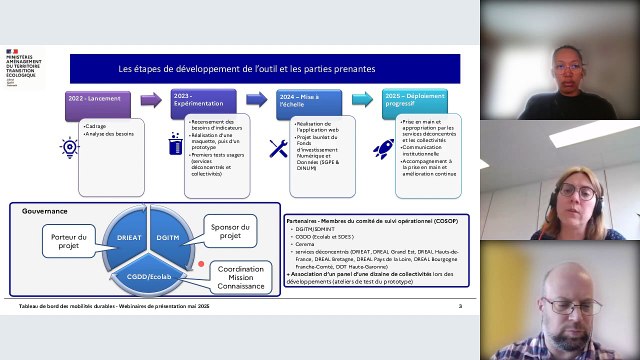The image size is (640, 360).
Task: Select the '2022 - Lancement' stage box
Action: point(98,104)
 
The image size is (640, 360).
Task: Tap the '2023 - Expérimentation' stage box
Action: point(203,104)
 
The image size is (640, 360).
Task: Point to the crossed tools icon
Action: point(278,148)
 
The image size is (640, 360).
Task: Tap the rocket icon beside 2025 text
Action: point(383,149)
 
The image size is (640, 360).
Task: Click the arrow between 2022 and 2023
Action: point(150,101)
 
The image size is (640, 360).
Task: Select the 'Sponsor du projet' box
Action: point(230,231)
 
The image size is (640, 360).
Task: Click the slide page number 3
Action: point(460,306)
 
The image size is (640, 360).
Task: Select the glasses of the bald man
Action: point(572,306)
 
